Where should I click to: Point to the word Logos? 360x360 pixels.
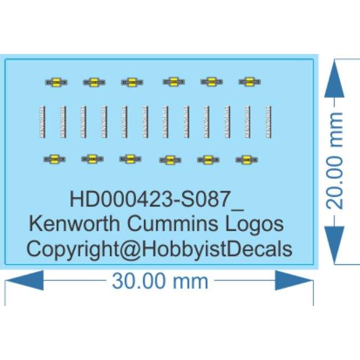(x=254, y=224)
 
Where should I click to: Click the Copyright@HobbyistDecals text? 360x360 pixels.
(x=159, y=249)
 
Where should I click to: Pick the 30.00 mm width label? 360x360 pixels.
(x=160, y=280)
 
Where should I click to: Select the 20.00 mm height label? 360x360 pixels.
(x=336, y=160)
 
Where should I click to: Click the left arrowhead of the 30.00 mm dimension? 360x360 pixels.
(x=26, y=280)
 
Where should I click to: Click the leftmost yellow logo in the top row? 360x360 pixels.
(x=56, y=82)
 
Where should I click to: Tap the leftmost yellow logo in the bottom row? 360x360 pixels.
(x=54, y=159)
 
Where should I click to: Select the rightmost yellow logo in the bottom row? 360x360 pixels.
(x=246, y=160)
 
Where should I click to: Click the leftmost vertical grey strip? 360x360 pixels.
(x=41, y=121)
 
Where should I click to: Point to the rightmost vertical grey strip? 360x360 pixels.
(x=268, y=121)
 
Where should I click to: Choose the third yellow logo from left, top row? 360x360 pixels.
(x=132, y=82)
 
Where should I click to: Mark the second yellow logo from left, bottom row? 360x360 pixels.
(x=92, y=159)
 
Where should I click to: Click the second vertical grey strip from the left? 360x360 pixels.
(x=62, y=121)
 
